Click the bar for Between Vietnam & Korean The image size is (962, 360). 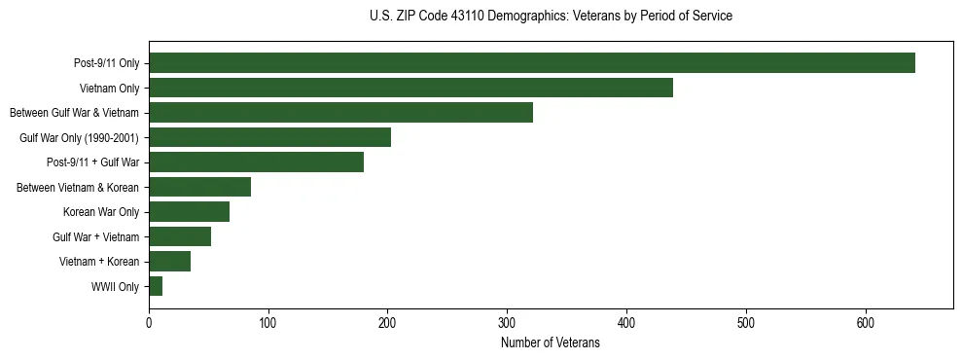click(199, 187)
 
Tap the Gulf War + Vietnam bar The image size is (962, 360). click(180, 236)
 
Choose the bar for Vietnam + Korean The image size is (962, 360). click(169, 262)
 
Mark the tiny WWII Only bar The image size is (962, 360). click(156, 286)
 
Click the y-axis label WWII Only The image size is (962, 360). click(115, 287)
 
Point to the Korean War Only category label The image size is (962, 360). click(101, 212)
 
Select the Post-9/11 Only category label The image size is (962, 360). click(106, 64)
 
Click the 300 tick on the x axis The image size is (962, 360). click(507, 323)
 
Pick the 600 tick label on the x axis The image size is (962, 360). click(866, 323)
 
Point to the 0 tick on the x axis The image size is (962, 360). click(149, 323)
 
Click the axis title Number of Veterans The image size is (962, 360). click(551, 342)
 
